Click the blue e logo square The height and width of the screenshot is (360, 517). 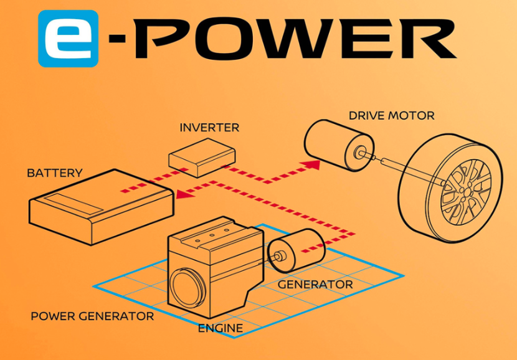click(x=69, y=39)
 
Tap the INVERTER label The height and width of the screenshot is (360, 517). click(x=209, y=128)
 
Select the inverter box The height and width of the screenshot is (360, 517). click(x=202, y=158)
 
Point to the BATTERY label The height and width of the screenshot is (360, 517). click(x=55, y=173)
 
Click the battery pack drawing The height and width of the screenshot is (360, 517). click(x=102, y=207)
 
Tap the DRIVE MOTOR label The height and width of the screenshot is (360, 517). click(x=392, y=116)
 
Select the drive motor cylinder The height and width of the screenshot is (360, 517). click(x=339, y=145)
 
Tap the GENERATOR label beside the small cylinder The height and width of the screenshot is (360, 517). click(x=315, y=285)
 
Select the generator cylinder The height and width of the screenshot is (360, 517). click(x=296, y=250)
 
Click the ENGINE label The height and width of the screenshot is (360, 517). click(x=221, y=328)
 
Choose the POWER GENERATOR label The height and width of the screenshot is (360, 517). click(x=92, y=316)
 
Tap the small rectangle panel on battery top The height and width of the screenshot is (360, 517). click(x=74, y=204)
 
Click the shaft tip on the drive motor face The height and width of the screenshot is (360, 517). click(x=359, y=153)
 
